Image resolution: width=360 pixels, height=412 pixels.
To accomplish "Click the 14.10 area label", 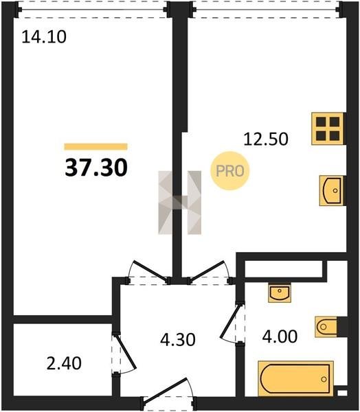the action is pyautogui.click(x=44, y=37).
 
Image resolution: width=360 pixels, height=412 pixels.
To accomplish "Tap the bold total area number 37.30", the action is pyautogui.click(x=96, y=168).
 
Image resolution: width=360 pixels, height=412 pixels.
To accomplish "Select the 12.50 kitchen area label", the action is pyautogui.click(x=266, y=139).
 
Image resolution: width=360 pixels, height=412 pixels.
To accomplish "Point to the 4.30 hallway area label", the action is pyautogui.click(x=178, y=339).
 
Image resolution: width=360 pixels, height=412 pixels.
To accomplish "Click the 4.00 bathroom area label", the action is pyautogui.click(x=280, y=336).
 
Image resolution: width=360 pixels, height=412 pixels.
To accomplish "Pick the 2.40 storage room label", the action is pyautogui.click(x=64, y=364).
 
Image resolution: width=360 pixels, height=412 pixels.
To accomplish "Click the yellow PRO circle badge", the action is pyautogui.click(x=230, y=171).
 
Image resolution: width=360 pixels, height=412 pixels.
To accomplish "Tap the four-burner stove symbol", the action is pyautogui.click(x=328, y=129).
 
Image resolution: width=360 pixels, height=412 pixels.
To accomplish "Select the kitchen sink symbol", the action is pyautogui.click(x=332, y=190).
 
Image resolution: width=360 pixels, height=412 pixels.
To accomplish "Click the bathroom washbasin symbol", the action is pyautogui.click(x=280, y=293).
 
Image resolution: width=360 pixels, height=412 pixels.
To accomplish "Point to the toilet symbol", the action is pyautogui.click(x=326, y=327).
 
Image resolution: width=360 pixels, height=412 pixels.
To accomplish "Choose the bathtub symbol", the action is pyautogui.click(x=296, y=378).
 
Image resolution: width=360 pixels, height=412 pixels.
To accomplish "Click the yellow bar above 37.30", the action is pyautogui.click(x=95, y=147).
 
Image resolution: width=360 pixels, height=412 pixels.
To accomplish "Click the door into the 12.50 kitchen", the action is pyautogui.click(x=209, y=272).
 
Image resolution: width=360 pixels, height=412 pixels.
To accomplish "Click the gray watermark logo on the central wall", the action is pyautogui.click(x=180, y=203).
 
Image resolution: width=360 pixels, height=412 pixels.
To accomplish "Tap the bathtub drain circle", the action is pyautogui.click(x=324, y=379).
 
